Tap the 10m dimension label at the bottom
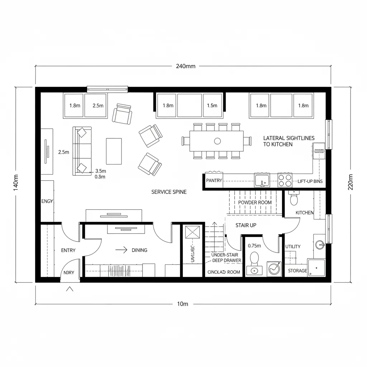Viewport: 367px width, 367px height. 182,304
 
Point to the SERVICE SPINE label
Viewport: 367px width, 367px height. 169,192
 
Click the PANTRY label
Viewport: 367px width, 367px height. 214,181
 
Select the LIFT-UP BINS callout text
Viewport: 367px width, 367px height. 310,181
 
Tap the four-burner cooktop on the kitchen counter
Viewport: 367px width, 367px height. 285,180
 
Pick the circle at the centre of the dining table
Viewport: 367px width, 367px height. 217,141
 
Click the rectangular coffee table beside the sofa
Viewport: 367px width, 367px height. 114,151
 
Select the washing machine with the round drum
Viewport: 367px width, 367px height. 274,268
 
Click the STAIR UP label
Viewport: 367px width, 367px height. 246,225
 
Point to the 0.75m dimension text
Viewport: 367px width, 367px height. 255,246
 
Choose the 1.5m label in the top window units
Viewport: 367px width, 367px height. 212,106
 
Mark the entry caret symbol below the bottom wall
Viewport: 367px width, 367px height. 70,289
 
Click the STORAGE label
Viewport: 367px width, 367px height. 297,271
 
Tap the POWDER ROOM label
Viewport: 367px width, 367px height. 255,202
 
